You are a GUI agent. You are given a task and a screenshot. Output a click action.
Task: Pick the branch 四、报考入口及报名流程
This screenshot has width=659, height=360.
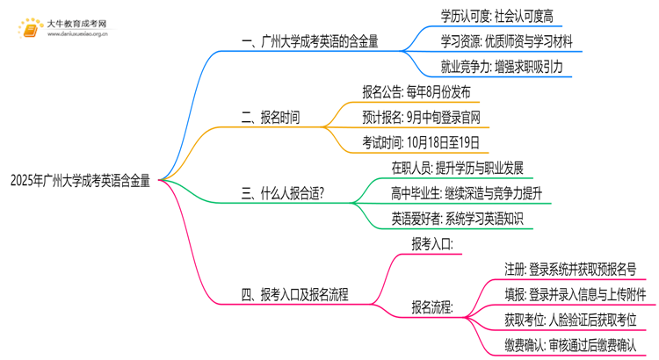[294, 295]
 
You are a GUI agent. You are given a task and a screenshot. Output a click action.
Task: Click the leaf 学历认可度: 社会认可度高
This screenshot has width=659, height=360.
[501, 15]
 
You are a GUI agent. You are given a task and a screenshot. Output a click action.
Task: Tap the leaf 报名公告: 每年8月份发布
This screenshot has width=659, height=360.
[416, 91]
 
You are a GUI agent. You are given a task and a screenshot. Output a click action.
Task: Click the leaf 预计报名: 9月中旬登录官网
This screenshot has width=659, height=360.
[422, 117]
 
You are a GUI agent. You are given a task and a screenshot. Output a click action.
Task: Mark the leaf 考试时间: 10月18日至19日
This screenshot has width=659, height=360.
[421, 142]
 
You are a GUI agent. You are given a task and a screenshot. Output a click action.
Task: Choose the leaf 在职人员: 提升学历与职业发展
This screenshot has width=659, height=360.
[457, 168]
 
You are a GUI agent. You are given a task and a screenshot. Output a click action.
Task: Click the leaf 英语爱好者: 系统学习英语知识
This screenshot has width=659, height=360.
[457, 219]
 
